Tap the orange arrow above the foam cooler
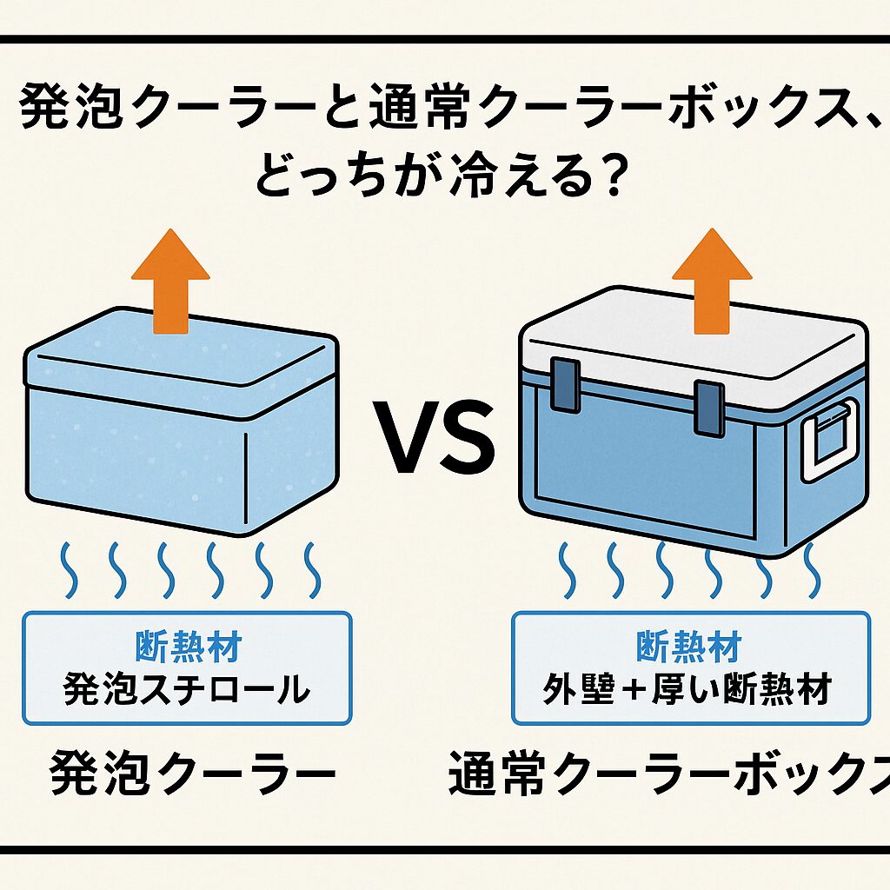coord(170,276)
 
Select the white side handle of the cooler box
coord(828,440)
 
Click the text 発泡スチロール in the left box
coord(187,690)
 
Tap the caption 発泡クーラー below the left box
coord(192,772)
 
